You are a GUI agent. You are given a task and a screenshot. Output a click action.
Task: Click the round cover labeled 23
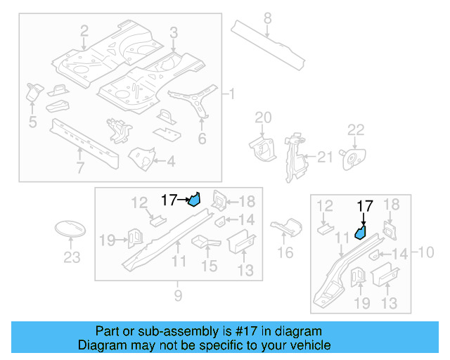pyautogui.click(x=70, y=230)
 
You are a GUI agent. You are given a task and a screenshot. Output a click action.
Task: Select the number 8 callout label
pyautogui.click(x=267, y=18)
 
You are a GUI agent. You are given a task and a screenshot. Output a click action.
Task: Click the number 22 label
pyautogui.click(x=356, y=129)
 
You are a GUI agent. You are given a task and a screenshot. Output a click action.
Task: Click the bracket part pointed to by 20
pyautogui.click(x=262, y=146)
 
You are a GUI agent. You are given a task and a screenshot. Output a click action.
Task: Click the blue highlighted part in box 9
pyautogui.click(x=195, y=200)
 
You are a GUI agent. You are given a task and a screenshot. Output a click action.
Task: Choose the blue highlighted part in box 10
pyautogui.click(x=361, y=231)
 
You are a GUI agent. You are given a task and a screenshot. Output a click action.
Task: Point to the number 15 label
pyautogui.click(x=210, y=266)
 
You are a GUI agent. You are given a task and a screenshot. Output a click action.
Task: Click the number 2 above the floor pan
pyautogui.click(x=84, y=30)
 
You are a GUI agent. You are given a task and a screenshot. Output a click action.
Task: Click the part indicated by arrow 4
pyautogui.click(x=143, y=157)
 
